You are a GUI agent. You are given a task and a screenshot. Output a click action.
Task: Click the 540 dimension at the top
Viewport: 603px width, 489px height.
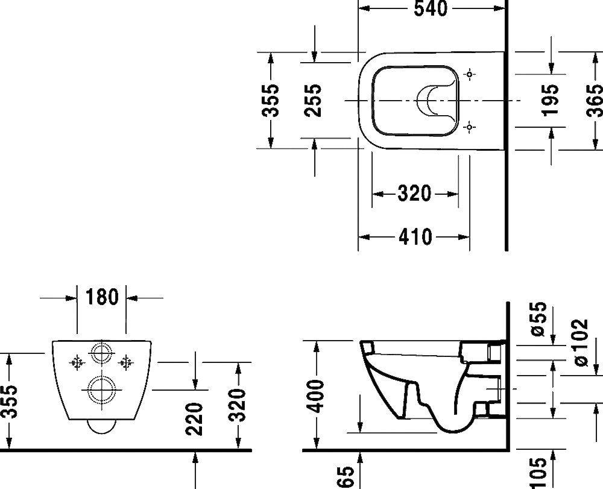pos(431,8)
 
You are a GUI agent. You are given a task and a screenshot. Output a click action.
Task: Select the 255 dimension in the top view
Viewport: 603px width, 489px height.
pos(314,99)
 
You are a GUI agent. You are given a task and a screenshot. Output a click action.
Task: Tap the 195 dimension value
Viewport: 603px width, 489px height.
pos(550,99)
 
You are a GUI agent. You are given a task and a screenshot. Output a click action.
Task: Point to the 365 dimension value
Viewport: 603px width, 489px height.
pos(593,99)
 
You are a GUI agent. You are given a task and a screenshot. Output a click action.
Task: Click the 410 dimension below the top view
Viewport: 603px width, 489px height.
pos(415,237)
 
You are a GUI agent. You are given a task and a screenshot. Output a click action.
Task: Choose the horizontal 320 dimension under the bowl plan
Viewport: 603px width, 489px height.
pos(414,194)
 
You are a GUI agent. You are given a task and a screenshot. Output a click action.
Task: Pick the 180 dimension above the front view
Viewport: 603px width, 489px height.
pos(102,297)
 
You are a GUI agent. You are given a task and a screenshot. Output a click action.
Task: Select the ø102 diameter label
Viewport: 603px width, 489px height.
pos(580,341)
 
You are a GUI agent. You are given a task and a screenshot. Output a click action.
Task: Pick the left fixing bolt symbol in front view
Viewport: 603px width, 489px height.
pos(76,362)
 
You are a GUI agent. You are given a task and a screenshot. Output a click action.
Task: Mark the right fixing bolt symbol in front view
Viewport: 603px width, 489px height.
pos(125,362)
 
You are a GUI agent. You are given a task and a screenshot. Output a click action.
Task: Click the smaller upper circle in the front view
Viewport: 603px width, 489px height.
pos(101,353)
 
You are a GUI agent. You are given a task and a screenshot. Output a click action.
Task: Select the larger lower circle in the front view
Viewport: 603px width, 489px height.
pos(101,390)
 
